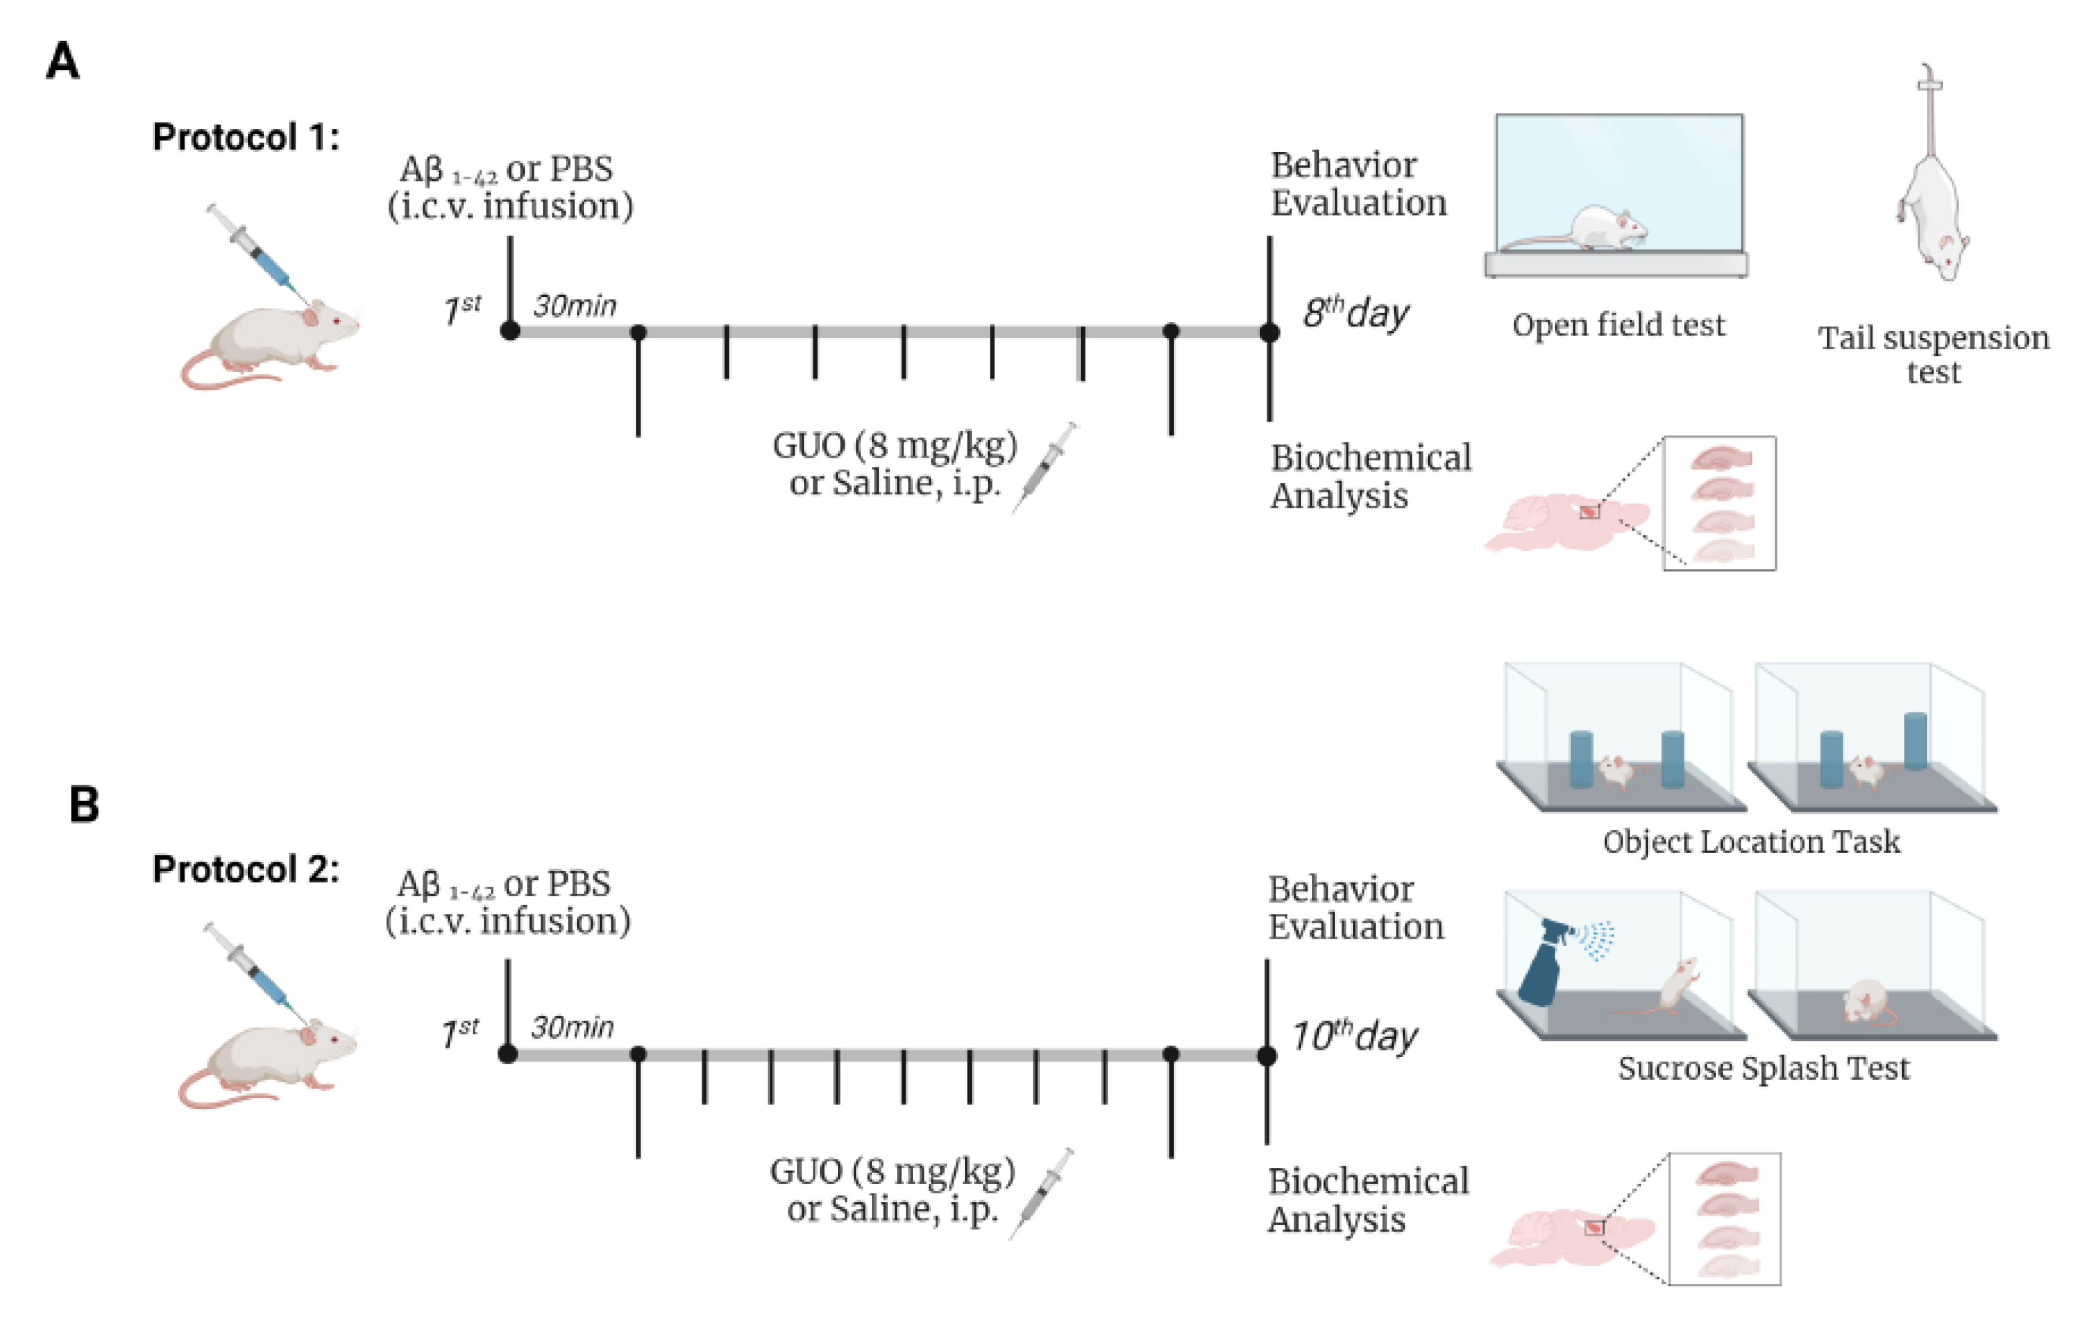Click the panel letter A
(62, 62)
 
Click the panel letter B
(84, 804)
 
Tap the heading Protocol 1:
(246, 136)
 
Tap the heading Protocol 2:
(246, 869)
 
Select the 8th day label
(1356, 312)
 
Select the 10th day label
(1354, 1036)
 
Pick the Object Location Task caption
(1751, 842)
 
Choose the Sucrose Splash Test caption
(1763, 1068)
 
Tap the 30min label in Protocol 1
(575, 305)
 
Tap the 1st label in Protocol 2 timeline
(461, 1032)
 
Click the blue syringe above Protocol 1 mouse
(259, 253)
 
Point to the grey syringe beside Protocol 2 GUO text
(1042, 1193)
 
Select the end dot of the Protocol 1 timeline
(1269, 331)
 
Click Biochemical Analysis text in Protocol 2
(1368, 1200)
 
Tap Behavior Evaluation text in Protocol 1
(1357, 183)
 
